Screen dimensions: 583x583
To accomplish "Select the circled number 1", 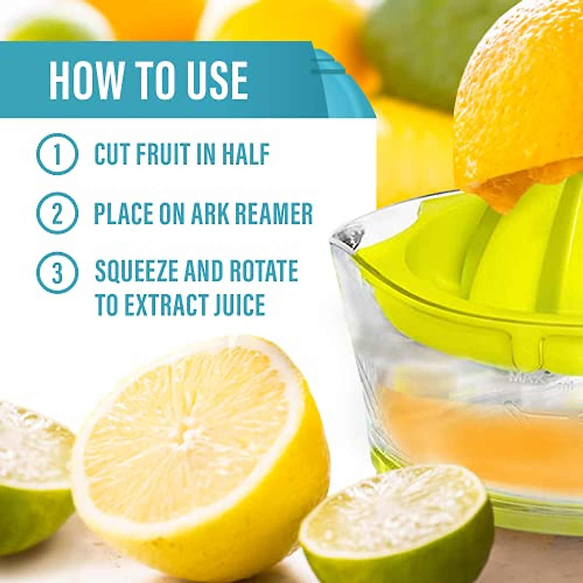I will point(57,154).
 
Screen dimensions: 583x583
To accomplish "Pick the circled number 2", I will point(57,213).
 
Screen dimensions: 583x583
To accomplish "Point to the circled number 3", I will point(57,273).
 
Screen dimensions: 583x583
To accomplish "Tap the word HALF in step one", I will point(246,154).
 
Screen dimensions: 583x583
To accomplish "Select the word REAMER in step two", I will point(277,213).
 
